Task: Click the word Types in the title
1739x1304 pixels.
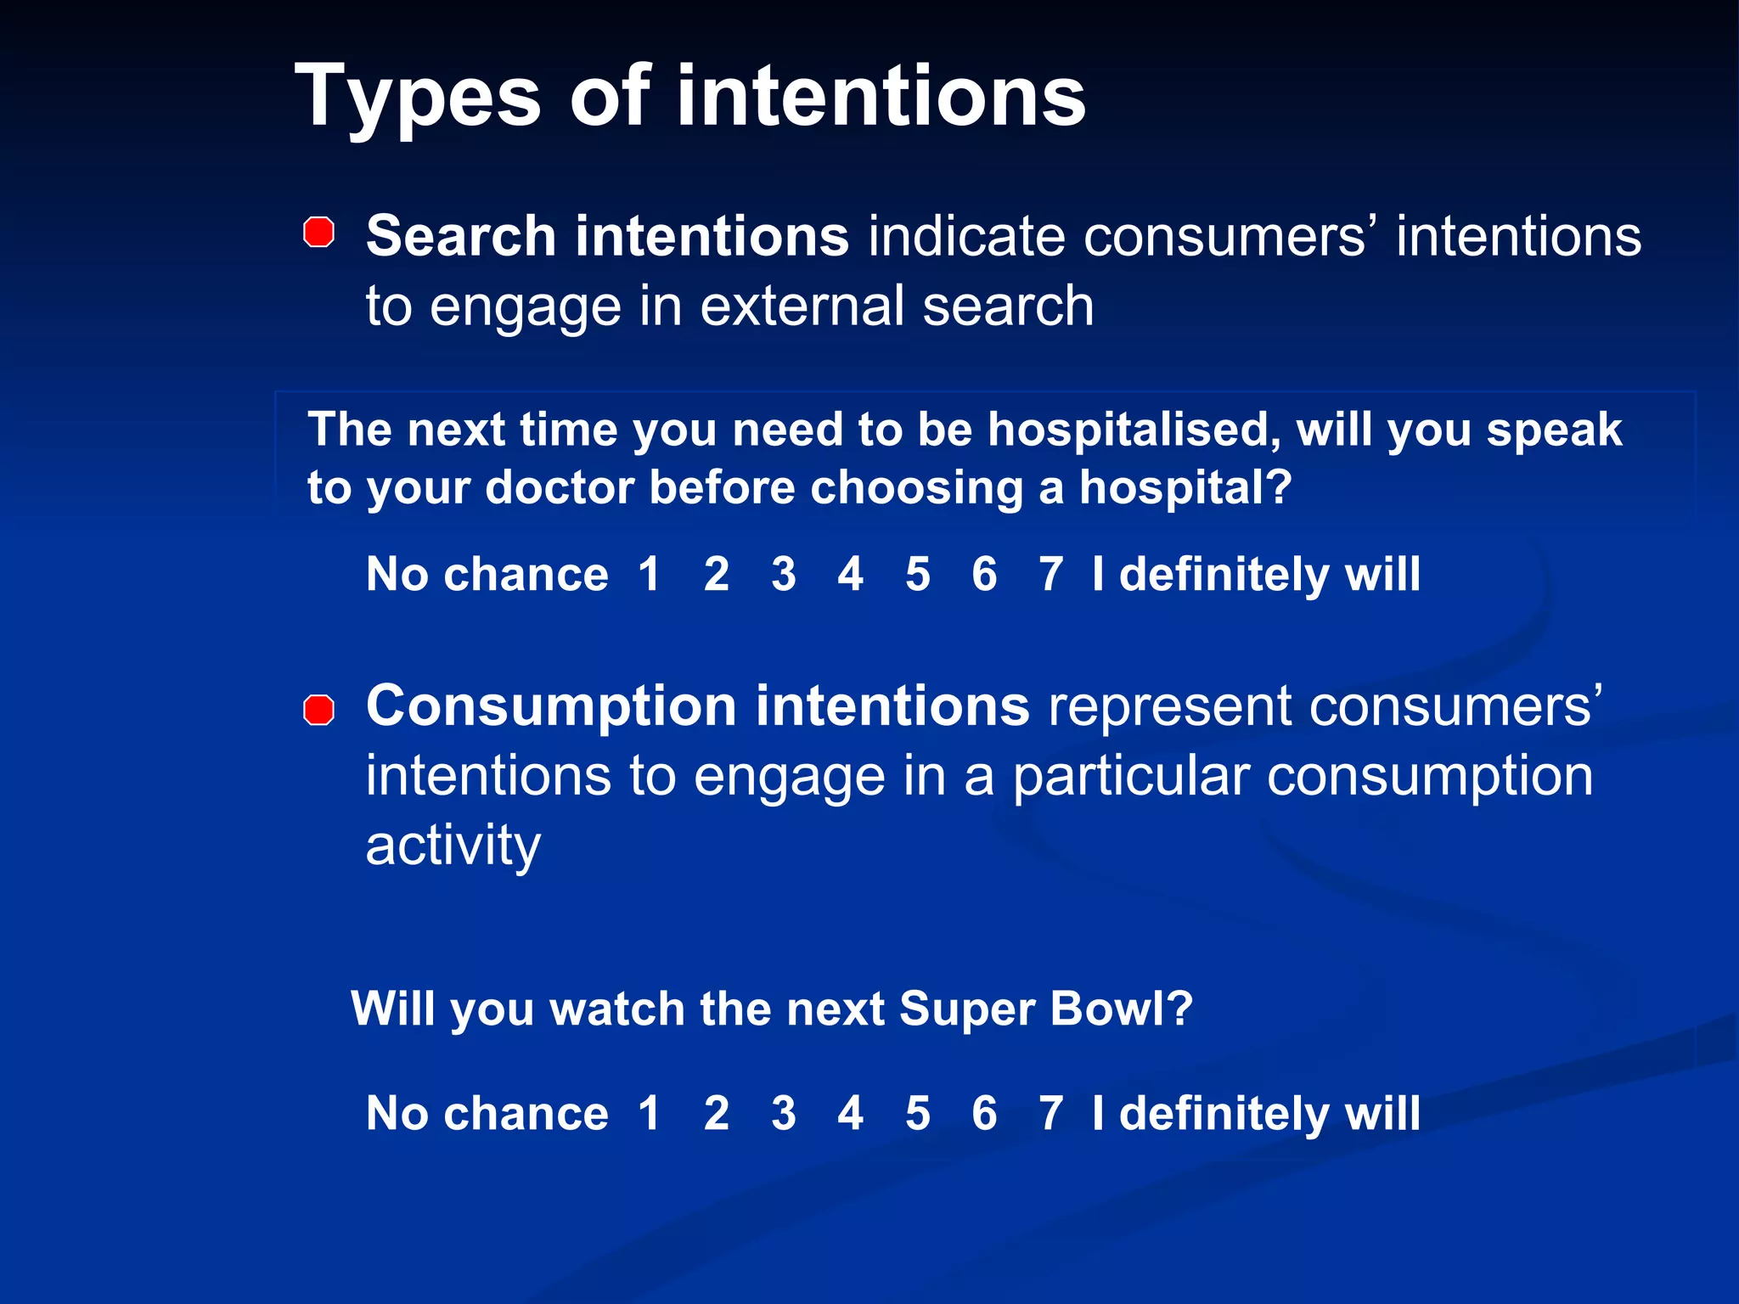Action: tap(417, 98)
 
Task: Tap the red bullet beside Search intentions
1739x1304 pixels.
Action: tap(319, 232)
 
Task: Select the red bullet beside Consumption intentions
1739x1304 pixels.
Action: tap(319, 710)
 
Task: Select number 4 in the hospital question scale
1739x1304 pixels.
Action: tap(850, 574)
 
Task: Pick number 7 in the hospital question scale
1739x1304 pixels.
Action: tap(1050, 574)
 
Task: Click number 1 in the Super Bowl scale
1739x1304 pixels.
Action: tap(650, 1113)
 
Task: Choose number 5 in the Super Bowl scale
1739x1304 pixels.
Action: tap(917, 1113)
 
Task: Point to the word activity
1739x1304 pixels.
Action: tap(453, 846)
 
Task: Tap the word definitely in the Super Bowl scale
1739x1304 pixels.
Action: tap(1224, 1113)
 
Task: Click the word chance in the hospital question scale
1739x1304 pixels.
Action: tap(526, 575)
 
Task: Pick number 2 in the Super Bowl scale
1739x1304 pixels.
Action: tap(716, 1113)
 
